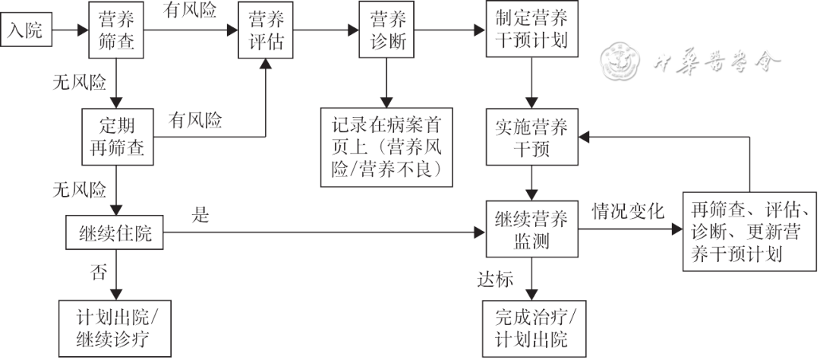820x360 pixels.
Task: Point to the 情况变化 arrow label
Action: click(x=628, y=212)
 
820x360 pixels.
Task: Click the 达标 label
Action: click(x=495, y=279)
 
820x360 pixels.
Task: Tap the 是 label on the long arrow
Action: click(x=199, y=215)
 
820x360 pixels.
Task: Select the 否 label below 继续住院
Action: click(x=99, y=273)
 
